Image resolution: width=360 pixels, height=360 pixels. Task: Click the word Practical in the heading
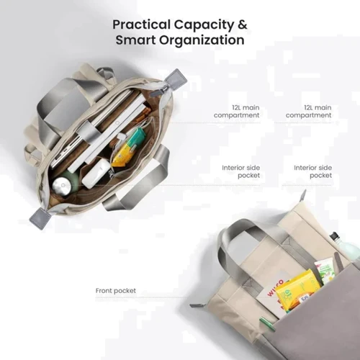coord(141,24)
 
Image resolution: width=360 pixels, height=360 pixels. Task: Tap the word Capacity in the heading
coord(204,25)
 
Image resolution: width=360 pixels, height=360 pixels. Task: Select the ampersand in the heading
coord(243,24)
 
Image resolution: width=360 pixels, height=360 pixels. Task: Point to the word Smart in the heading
coord(135,40)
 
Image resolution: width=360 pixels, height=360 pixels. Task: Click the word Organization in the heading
coord(202,40)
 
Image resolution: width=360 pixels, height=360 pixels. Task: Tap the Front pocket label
coord(116,291)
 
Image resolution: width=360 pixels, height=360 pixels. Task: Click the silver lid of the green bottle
coord(62,186)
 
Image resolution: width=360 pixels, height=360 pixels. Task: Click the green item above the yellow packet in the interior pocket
coord(136,138)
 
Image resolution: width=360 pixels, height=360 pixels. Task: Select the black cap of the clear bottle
coord(334,236)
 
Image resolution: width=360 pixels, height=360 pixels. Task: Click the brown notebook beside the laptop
coord(144,113)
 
